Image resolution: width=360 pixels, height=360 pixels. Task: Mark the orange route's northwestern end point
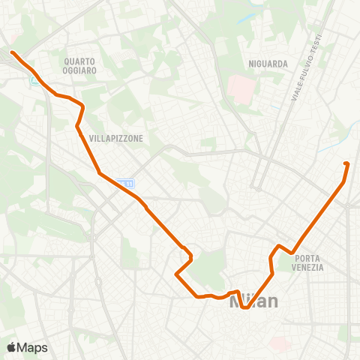click(x=13, y=52)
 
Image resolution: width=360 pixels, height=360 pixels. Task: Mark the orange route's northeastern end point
click(x=346, y=163)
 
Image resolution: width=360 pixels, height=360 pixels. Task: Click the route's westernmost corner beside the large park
click(x=176, y=274)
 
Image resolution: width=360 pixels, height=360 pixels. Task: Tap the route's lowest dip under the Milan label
click(x=245, y=307)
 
